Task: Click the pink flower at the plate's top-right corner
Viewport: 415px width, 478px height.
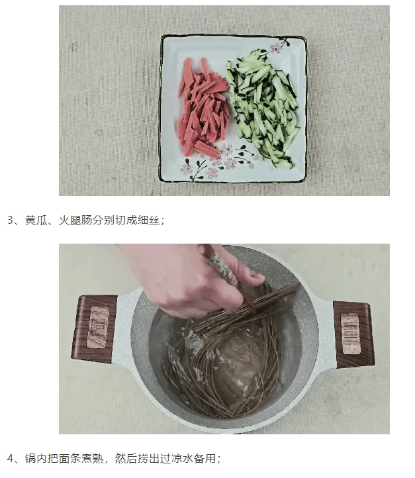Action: [x=277, y=48]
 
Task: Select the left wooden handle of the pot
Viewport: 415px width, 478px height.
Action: [x=95, y=328]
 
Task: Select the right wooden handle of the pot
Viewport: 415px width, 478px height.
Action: [x=354, y=334]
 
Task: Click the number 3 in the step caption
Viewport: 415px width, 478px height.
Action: [x=10, y=220]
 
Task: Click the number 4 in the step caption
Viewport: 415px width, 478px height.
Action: [x=10, y=459]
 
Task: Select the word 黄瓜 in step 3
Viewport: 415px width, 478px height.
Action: [x=36, y=220]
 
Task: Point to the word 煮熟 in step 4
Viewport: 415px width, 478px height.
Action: [x=92, y=459]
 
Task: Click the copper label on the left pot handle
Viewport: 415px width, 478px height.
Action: [x=99, y=328]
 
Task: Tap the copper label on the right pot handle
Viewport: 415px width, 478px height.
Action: [x=350, y=334]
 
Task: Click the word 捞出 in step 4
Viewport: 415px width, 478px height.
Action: [x=148, y=459]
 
